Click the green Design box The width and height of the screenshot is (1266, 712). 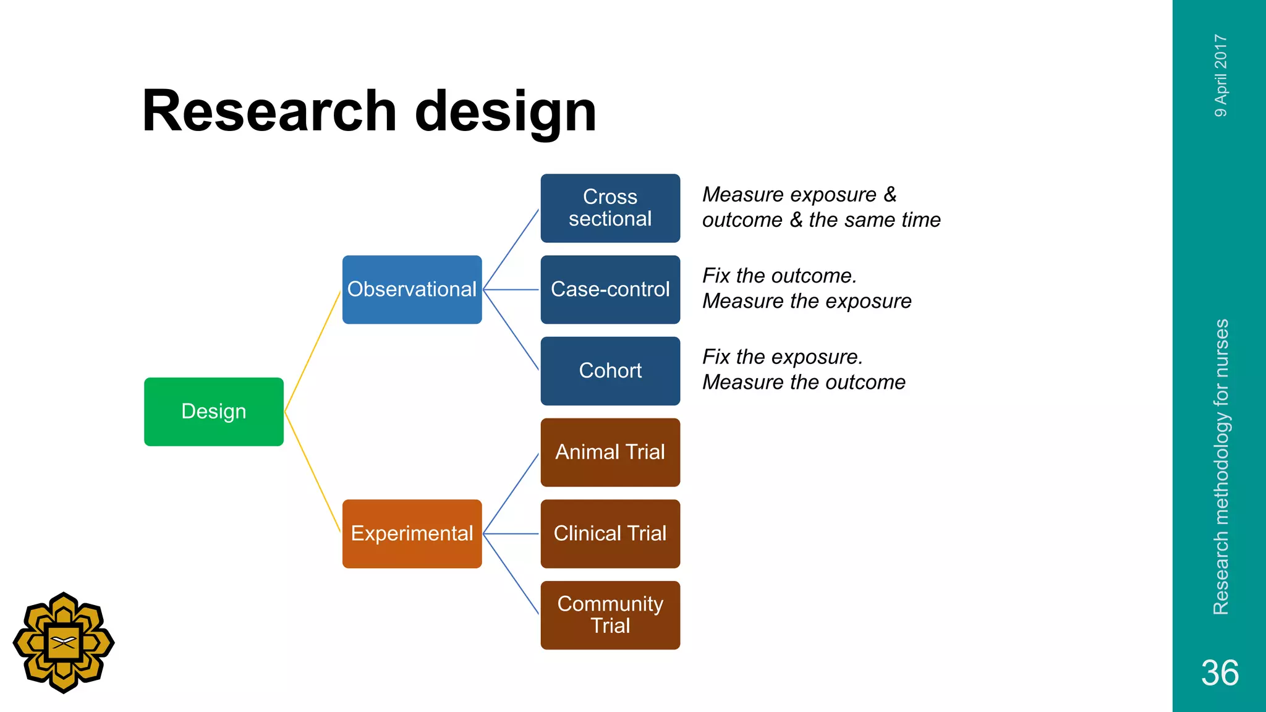click(213, 412)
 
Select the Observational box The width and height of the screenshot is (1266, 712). click(412, 289)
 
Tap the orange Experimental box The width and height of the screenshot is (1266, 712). click(412, 533)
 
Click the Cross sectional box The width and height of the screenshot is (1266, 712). click(610, 208)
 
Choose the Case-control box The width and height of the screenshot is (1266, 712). click(610, 289)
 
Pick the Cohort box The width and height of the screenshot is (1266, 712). click(610, 371)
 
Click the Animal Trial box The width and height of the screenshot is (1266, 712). click(610, 452)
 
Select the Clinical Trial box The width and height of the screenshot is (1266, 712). click(610, 533)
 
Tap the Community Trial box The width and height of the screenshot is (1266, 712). click(610, 615)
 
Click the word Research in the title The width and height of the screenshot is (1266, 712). click(269, 111)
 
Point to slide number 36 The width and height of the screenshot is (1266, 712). click(1220, 672)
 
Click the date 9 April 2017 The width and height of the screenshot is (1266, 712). click(1221, 75)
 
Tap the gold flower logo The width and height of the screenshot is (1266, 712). click(64, 643)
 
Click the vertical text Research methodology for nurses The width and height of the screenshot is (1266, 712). click(1221, 467)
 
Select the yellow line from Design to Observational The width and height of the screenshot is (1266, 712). click(312, 352)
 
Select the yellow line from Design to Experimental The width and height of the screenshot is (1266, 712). click(312, 472)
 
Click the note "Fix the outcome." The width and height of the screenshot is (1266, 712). click(780, 276)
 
